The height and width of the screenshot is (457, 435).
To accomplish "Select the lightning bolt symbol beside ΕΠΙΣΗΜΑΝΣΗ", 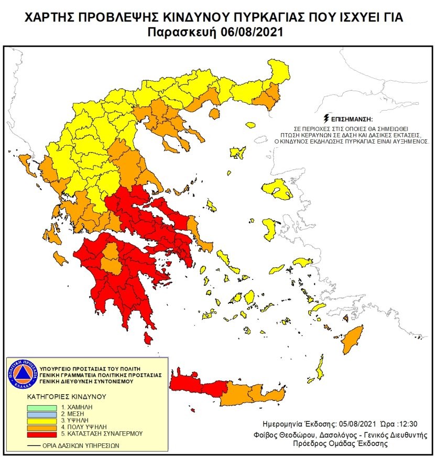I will (x=328, y=118).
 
